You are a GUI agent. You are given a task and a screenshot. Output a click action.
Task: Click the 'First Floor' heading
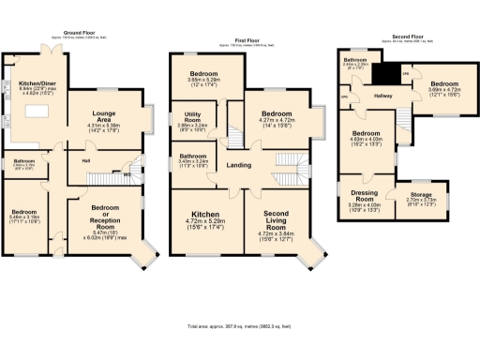pyautogui.click(x=247, y=41)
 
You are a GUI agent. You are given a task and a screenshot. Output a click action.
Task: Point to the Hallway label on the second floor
pyautogui.click(x=387, y=95)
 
